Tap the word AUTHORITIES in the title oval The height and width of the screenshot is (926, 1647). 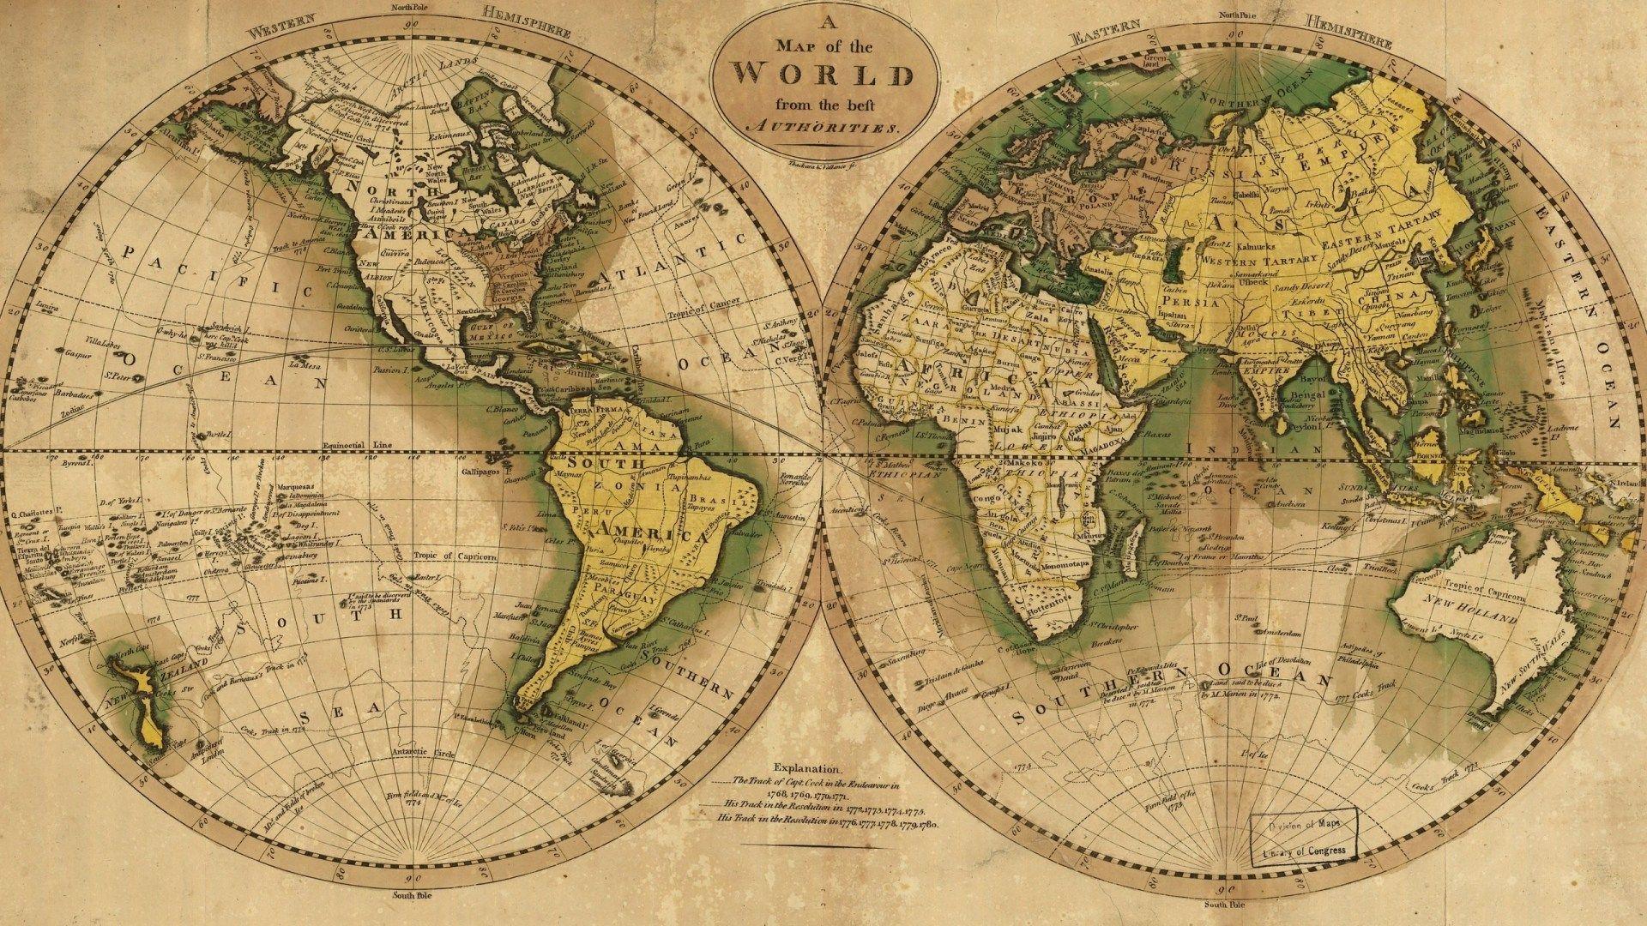823,127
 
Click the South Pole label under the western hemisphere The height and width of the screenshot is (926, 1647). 413,895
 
